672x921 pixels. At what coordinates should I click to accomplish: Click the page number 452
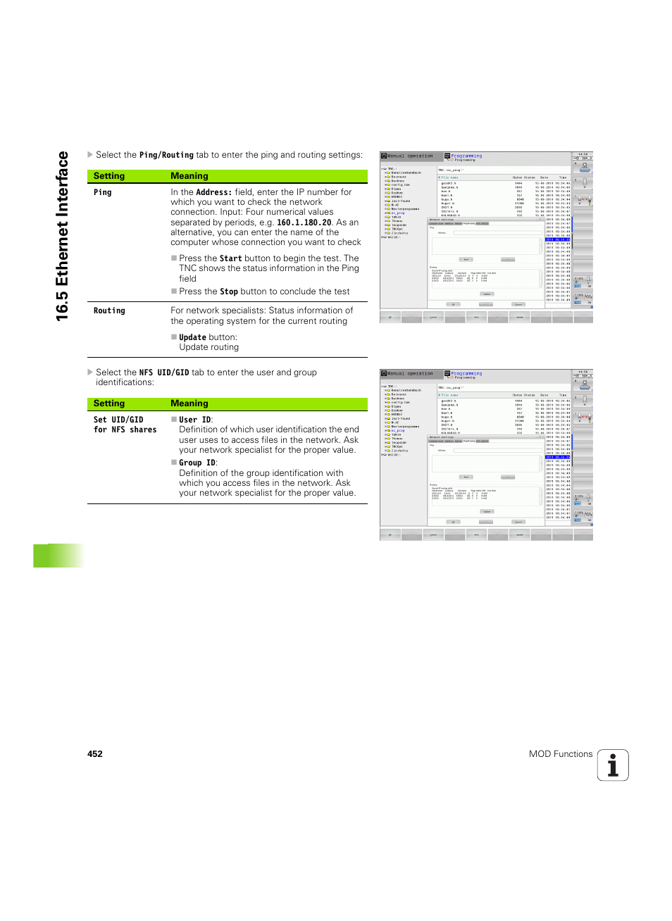[95, 753]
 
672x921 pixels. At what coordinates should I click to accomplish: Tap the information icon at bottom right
[613, 765]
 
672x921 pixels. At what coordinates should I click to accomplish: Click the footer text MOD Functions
[561, 753]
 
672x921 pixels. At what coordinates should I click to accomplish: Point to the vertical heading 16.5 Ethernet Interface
[63, 236]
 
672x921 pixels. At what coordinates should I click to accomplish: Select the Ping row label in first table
[103, 192]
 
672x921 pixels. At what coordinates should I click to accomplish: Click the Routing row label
[109, 311]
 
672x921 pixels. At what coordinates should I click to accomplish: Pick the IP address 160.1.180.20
[304, 223]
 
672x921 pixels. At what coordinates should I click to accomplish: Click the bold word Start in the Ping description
[230, 258]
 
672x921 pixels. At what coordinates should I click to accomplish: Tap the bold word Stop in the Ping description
[228, 292]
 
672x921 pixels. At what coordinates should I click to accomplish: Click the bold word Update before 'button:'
[192, 337]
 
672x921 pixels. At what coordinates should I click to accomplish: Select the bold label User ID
[195, 420]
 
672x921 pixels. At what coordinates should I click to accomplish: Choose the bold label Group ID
[197, 463]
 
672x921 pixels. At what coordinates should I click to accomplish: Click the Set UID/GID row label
[118, 420]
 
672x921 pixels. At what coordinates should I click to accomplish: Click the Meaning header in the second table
[189, 403]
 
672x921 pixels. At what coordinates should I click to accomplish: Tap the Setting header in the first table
[109, 176]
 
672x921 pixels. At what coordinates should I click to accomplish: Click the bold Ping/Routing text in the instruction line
[166, 155]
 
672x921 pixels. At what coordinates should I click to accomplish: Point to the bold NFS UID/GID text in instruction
[164, 372]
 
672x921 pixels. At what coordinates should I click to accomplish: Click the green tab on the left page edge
[58, 556]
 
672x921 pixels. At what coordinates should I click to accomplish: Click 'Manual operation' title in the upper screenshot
[410, 156]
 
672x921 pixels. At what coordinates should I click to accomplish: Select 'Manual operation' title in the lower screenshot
[410, 374]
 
